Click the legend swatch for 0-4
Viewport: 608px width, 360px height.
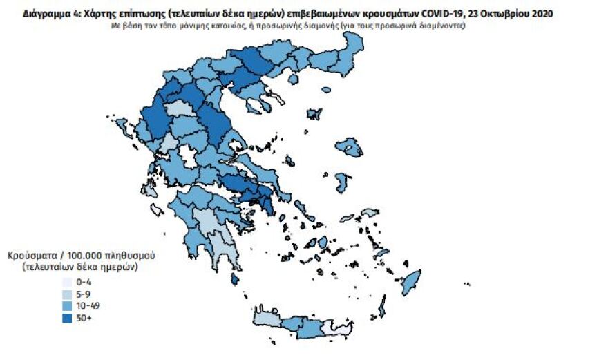tap(66, 283)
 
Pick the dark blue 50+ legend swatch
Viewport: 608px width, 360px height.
tap(66, 318)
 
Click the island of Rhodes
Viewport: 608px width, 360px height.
tap(412, 281)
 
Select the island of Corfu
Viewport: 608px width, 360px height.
tap(121, 128)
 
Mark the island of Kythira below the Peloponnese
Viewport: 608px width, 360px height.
tap(236, 278)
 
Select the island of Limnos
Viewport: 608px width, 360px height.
tap(314, 113)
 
